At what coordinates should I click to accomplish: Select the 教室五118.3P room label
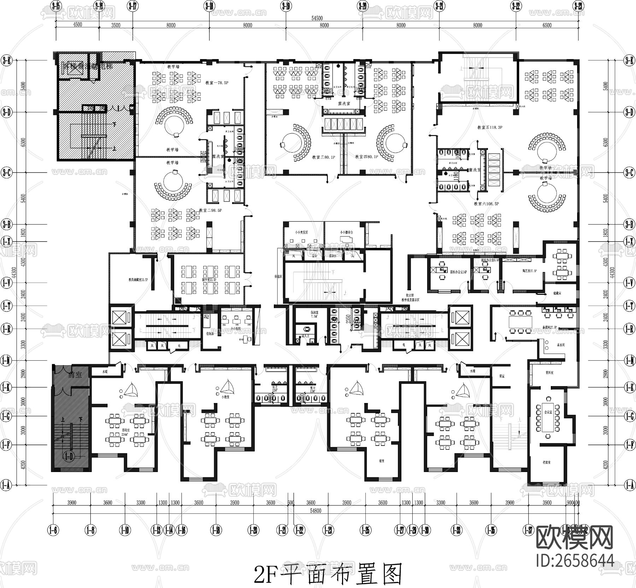490,127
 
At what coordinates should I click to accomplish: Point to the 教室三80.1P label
323,157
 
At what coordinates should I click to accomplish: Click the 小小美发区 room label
301,233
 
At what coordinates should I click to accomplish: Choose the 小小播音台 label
346,233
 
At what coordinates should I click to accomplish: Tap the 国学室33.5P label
209,280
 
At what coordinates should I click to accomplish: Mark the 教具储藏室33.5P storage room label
138,280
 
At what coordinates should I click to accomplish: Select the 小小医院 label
235,328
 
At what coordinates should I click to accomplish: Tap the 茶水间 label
561,344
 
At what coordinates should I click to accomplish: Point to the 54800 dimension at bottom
316,511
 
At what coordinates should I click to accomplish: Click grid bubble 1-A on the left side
6,485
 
